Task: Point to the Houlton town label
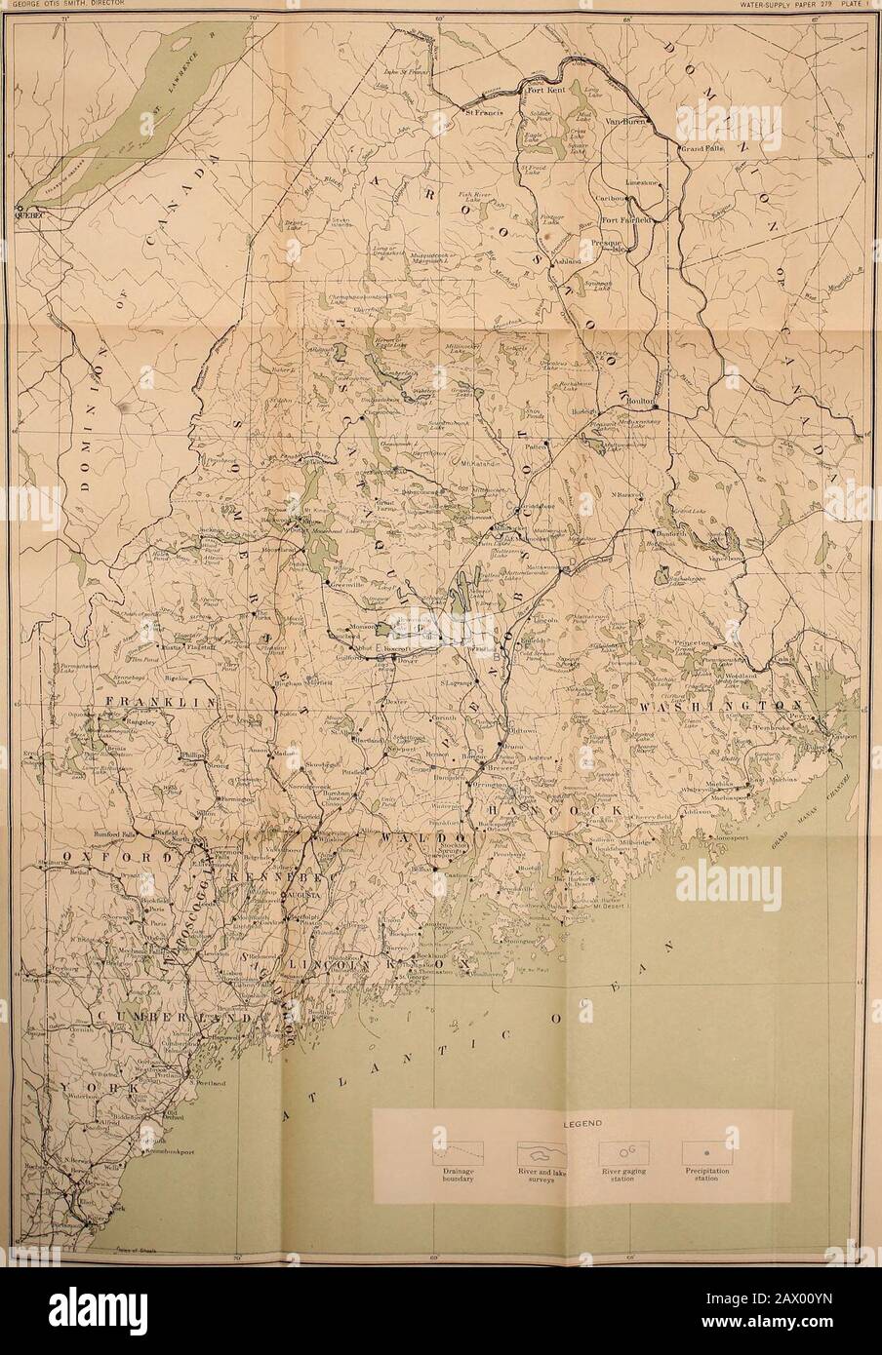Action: [639, 397]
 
